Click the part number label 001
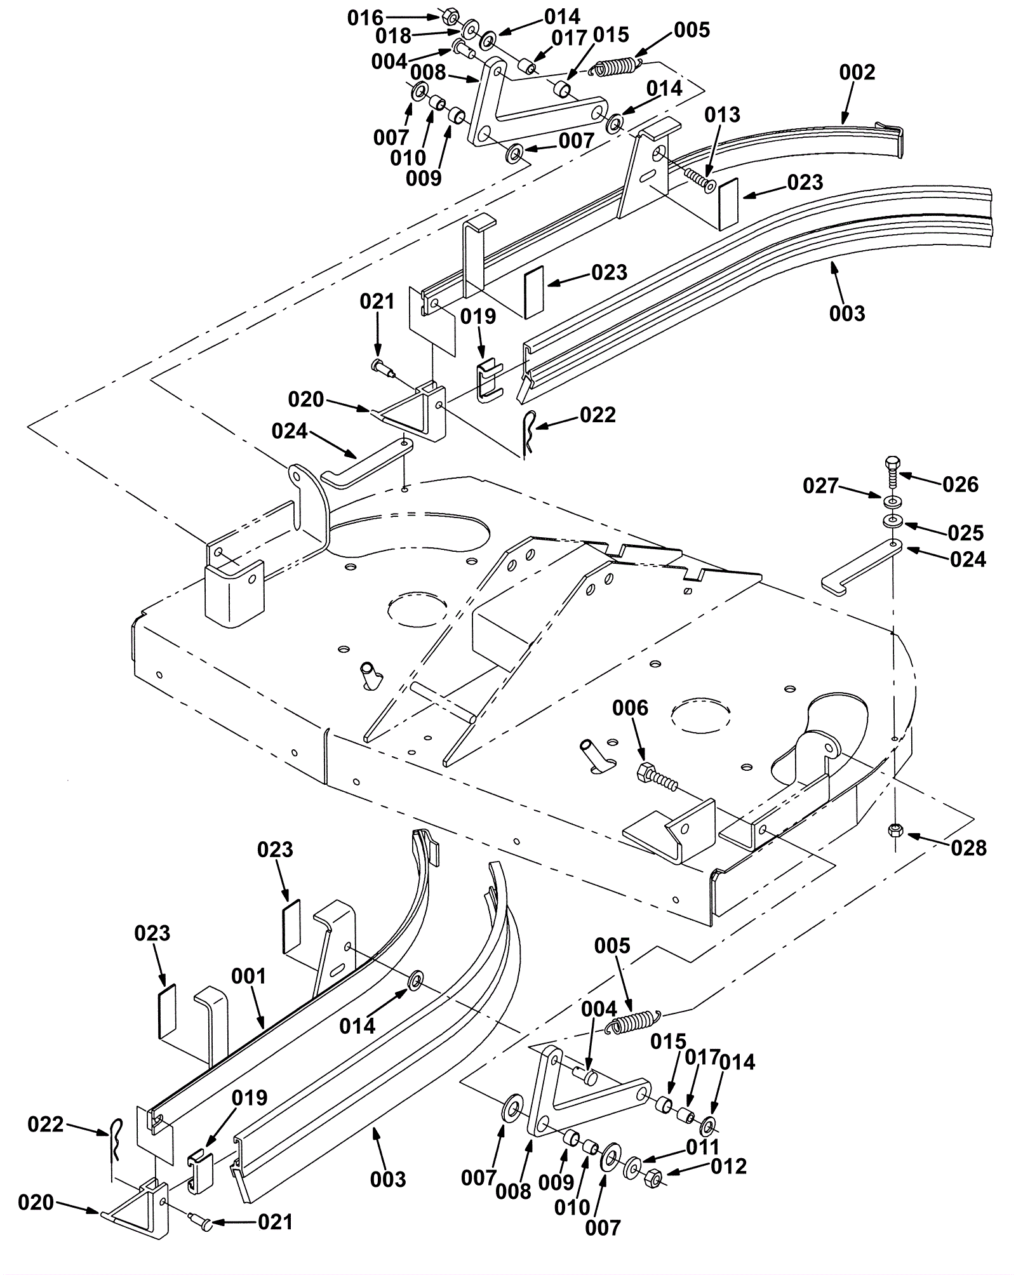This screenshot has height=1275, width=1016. click(248, 976)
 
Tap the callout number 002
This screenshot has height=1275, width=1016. click(857, 72)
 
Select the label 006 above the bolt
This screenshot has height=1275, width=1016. click(630, 708)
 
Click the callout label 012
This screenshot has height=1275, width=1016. click(729, 1166)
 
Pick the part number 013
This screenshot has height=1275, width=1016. click(722, 115)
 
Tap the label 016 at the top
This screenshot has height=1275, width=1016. click(365, 18)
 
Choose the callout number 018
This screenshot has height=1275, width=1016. click(393, 36)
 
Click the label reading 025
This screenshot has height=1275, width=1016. click(965, 533)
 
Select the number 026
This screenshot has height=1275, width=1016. click(960, 484)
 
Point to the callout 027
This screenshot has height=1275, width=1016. click(821, 486)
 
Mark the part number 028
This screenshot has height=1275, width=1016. click(968, 848)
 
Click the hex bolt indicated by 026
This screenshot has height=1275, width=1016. click(892, 471)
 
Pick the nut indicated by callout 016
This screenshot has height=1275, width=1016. click(447, 15)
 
